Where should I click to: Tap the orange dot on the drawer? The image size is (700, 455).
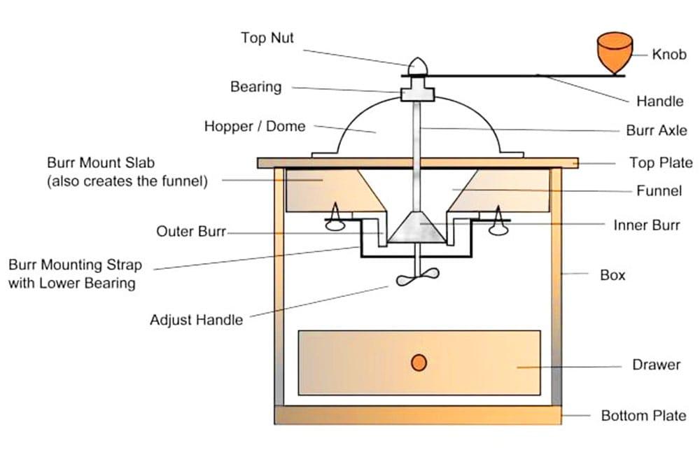click(x=419, y=363)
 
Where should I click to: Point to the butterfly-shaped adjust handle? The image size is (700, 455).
click(x=417, y=278)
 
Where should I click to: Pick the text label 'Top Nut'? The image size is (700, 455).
click(x=267, y=38)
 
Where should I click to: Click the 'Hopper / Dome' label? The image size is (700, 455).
click(x=255, y=127)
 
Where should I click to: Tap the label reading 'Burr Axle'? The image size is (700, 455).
click(x=656, y=131)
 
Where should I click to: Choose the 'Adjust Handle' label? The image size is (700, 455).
click(x=196, y=320)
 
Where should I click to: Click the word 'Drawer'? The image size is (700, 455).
click(x=656, y=365)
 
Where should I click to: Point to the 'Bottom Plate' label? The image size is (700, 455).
click(x=643, y=416)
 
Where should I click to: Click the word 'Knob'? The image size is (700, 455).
click(x=668, y=54)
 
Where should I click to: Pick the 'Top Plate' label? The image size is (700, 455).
click(x=660, y=163)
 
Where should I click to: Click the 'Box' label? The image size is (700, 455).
click(x=612, y=275)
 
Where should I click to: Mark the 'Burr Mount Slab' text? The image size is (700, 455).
click(x=101, y=163)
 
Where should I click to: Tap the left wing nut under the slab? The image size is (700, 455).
click(x=335, y=220)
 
